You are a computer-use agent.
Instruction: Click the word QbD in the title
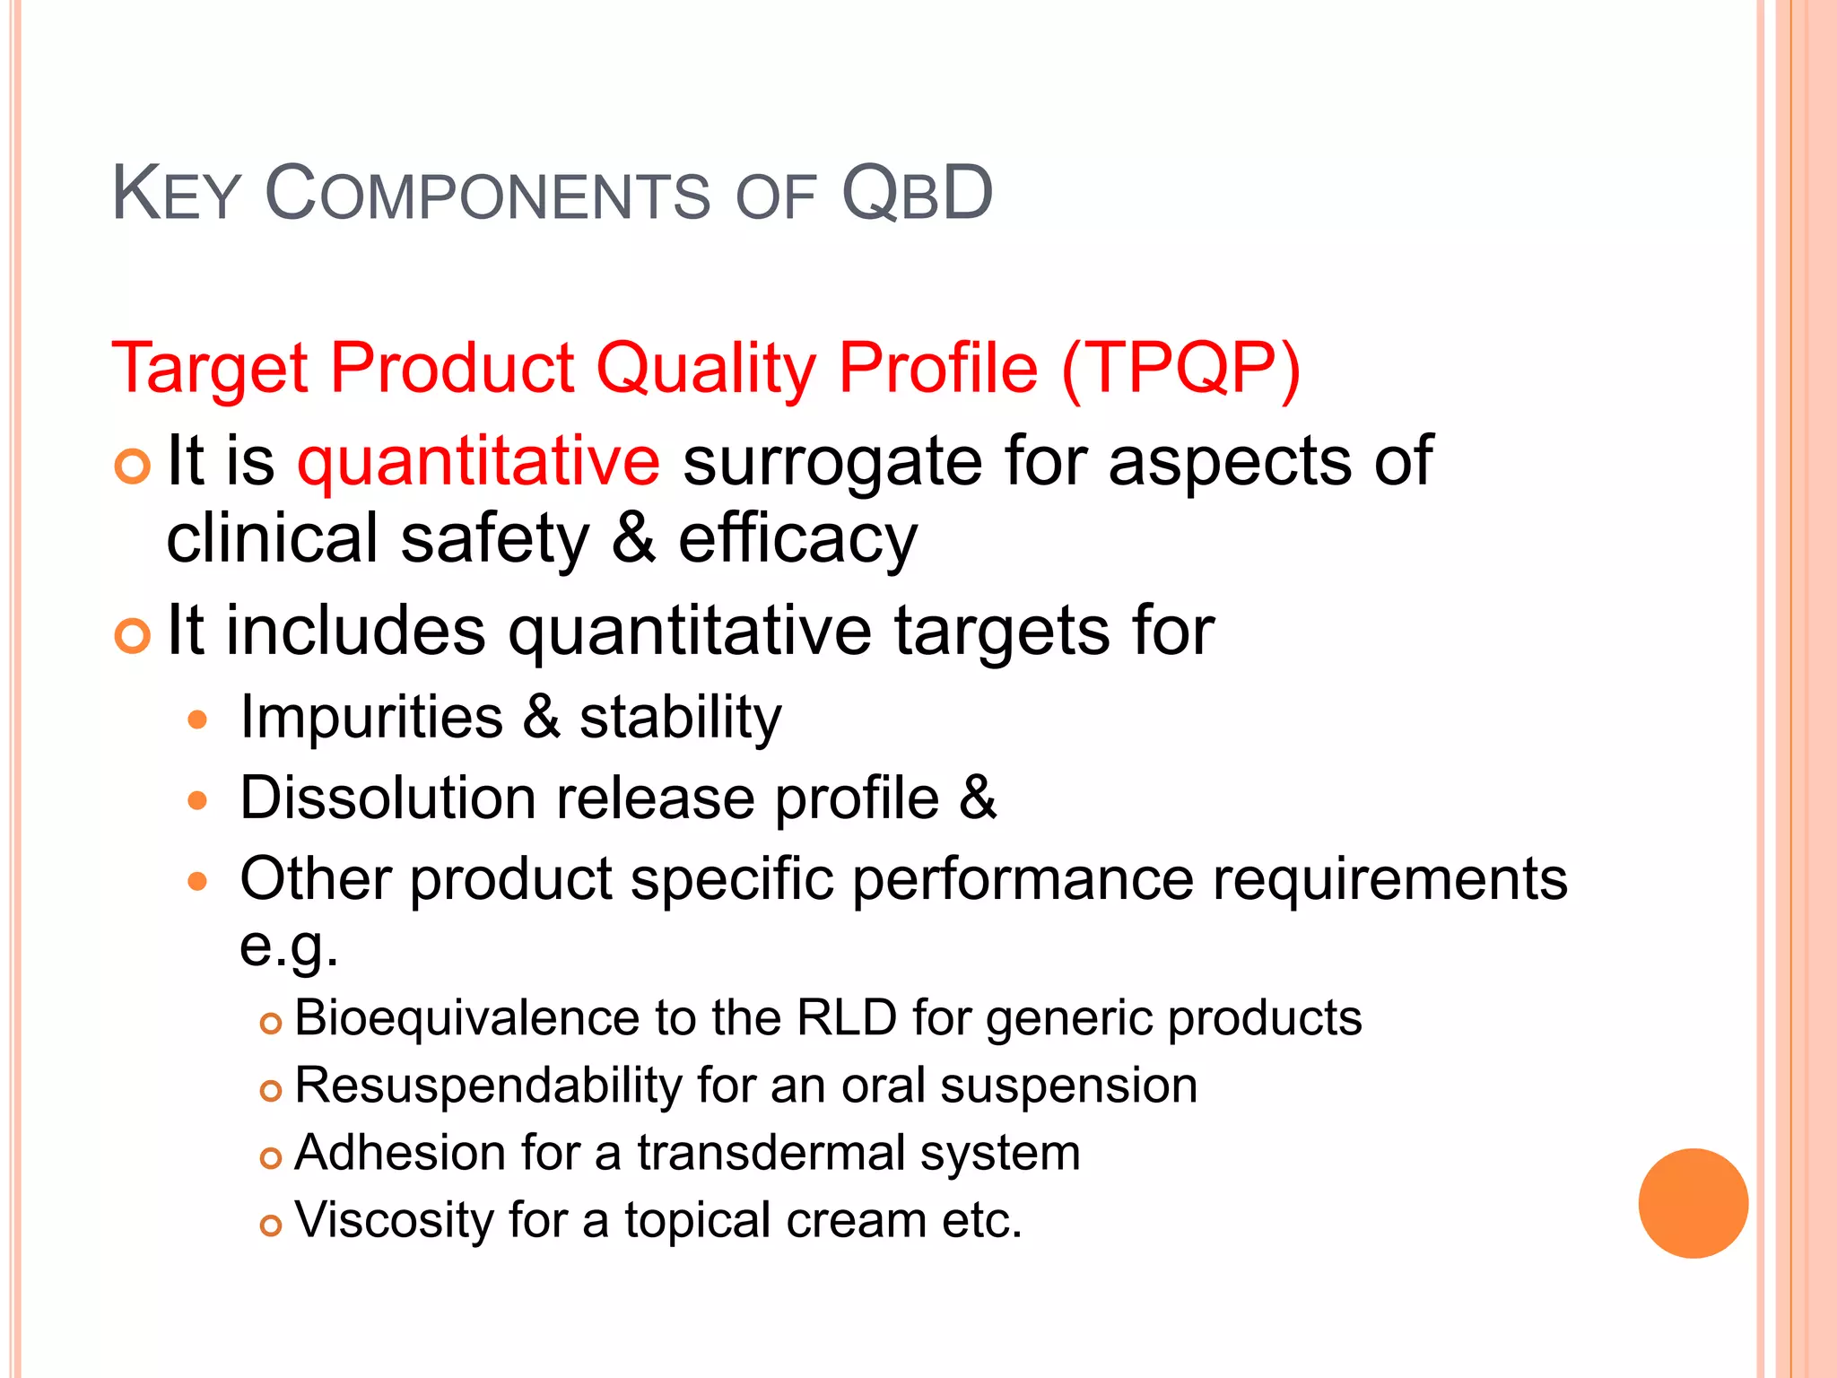[917, 193]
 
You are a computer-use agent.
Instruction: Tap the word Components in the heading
[487, 193]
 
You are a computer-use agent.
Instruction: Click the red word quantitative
[478, 461]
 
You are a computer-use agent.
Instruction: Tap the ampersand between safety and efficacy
[633, 538]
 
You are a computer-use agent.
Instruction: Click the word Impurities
[371, 718]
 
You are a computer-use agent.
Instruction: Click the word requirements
[1389, 879]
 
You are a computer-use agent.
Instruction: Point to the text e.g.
[289, 946]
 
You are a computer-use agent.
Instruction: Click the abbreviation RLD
[847, 1018]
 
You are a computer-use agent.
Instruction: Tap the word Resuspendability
[488, 1086]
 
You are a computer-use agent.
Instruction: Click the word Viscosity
[394, 1220]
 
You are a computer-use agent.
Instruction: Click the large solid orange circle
[1693, 1203]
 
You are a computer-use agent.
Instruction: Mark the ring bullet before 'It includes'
[133, 636]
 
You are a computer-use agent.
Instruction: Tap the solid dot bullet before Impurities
[198, 720]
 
